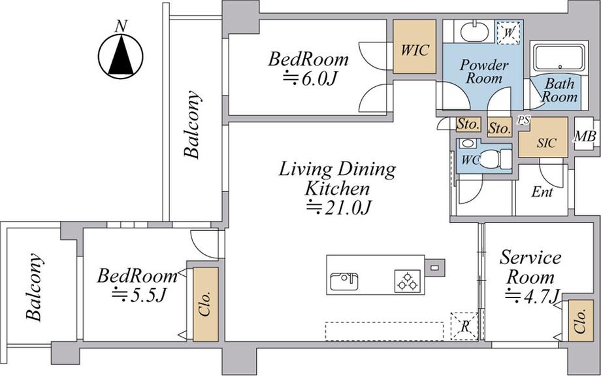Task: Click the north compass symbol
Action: pos(121,56)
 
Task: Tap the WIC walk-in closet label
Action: pos(415,50)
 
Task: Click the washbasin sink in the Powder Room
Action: pos(474,32)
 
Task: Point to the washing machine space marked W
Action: pos(509,33)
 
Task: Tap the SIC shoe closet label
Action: pos(546,143)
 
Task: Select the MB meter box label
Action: pos(585,136)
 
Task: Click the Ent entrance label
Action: pos(542,192)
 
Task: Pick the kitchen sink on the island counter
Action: pos(344,281)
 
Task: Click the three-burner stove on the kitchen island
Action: pos(408,281)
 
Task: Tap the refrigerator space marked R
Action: pos(464,326)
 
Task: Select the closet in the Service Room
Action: pos(581,321)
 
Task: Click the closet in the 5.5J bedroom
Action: pos(205,304)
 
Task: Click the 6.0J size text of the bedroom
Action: pos(310,78)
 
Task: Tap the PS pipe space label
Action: pos(523,120)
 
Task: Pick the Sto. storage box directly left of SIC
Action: pos(500,127)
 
